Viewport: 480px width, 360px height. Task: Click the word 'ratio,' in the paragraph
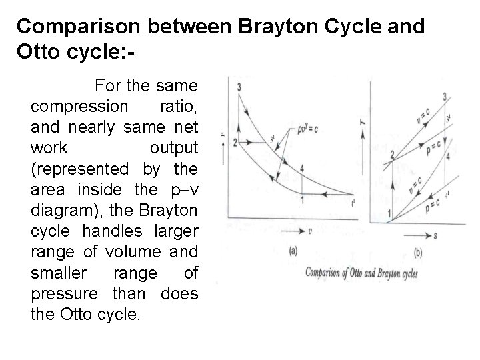tap(179, 107)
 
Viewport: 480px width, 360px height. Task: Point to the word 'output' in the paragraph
tap(174, 147)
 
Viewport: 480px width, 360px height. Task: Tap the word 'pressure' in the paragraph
tap(61, 293)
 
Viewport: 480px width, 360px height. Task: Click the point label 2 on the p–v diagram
tap(235, 143)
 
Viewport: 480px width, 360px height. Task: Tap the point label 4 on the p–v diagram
tap(302, 169)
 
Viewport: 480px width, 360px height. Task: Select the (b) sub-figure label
tap(418, 253)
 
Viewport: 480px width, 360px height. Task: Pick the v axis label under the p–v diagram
tap(311, 232)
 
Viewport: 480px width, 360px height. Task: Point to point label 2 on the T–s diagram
tap(392, 155)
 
